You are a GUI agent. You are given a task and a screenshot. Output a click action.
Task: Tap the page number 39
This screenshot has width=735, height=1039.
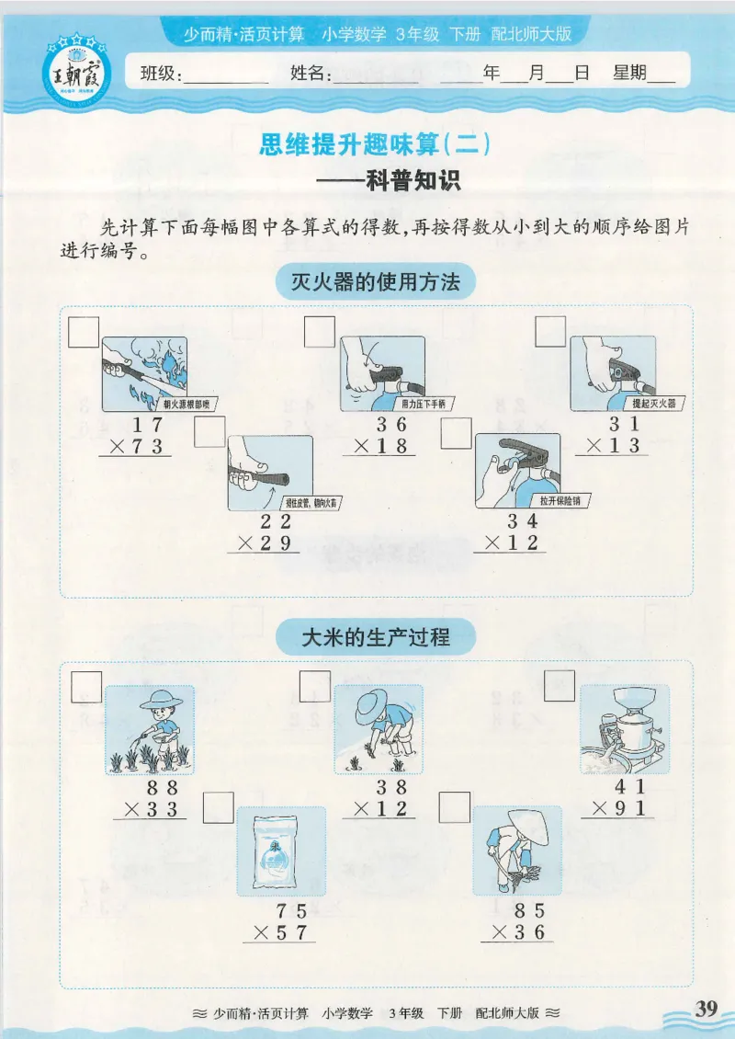pos(706,1008)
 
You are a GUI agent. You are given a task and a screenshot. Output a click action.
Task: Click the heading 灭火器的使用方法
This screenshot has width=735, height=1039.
pos(375,282)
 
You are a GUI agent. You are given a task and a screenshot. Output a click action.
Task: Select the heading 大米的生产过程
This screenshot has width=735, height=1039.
pos(376,635)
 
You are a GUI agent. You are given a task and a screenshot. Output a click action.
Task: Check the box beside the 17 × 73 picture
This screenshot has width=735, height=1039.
pos(85,331)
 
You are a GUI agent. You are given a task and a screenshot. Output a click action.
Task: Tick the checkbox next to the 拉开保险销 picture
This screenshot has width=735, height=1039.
pos(456,433)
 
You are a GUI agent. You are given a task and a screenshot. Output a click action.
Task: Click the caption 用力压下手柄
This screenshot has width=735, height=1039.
pos(423,404)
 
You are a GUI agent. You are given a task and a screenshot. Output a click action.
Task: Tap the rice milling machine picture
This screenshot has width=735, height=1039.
pos(624,729)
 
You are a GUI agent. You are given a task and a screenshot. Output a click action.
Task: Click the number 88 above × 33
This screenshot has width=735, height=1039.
pos(163,788)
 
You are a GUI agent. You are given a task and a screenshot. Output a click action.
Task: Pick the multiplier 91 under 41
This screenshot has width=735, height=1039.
pos(630,810)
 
